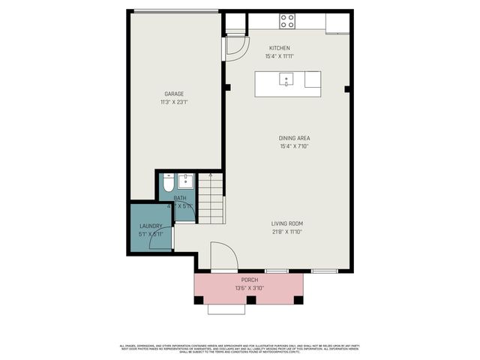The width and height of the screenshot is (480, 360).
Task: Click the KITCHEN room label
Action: tap(279, 48)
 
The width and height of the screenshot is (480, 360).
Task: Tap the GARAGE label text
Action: tap(174, 94)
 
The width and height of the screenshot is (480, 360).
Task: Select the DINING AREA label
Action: tap(294, 138)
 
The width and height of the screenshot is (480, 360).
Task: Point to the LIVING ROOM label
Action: tap(287, 223)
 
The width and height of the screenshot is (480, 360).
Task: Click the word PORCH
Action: tap(250, 280)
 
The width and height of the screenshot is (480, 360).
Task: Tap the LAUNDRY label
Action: tap(151, 226)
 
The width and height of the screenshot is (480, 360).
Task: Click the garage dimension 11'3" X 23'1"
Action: tap(174, 102)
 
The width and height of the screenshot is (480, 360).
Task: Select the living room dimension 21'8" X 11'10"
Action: tap(287, 232)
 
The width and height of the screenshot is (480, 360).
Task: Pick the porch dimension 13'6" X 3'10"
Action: tap(250, 288)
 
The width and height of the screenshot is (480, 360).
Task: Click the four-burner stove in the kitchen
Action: tap(287, 21)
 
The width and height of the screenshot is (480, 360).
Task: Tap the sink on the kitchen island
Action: tap(286, 78)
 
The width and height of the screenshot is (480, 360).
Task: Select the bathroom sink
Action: tap(186, 181)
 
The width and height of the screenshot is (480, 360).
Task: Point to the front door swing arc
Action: tap(223, 256)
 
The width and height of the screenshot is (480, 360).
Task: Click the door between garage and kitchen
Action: tap(234, 46)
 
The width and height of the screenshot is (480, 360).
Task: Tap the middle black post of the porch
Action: tap(250, 300)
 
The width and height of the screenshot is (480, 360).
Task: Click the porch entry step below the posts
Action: tap(226, 308)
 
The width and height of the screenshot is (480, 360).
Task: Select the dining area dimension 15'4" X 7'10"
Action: tap(294, 146)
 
